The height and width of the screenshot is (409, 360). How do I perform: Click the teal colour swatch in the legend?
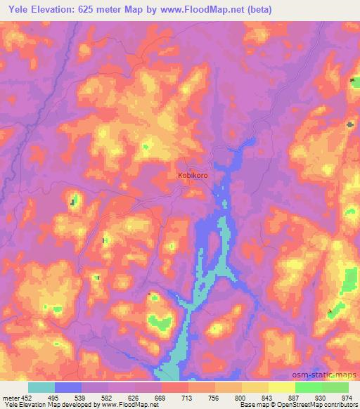click(41, 387)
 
